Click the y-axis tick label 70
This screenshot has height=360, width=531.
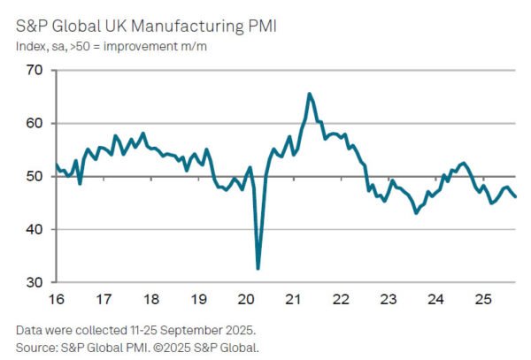click(35, 70)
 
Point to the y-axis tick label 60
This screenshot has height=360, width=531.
click(35, 123)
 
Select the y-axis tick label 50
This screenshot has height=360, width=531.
click(35, 176)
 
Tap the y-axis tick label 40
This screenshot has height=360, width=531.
click(35, 229)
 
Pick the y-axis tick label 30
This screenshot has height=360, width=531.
click(35, 282)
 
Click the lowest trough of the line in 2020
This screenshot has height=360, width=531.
click(258, 269)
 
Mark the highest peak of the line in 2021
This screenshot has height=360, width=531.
click(309, 94)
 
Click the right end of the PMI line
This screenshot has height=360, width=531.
click(516, 197)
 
